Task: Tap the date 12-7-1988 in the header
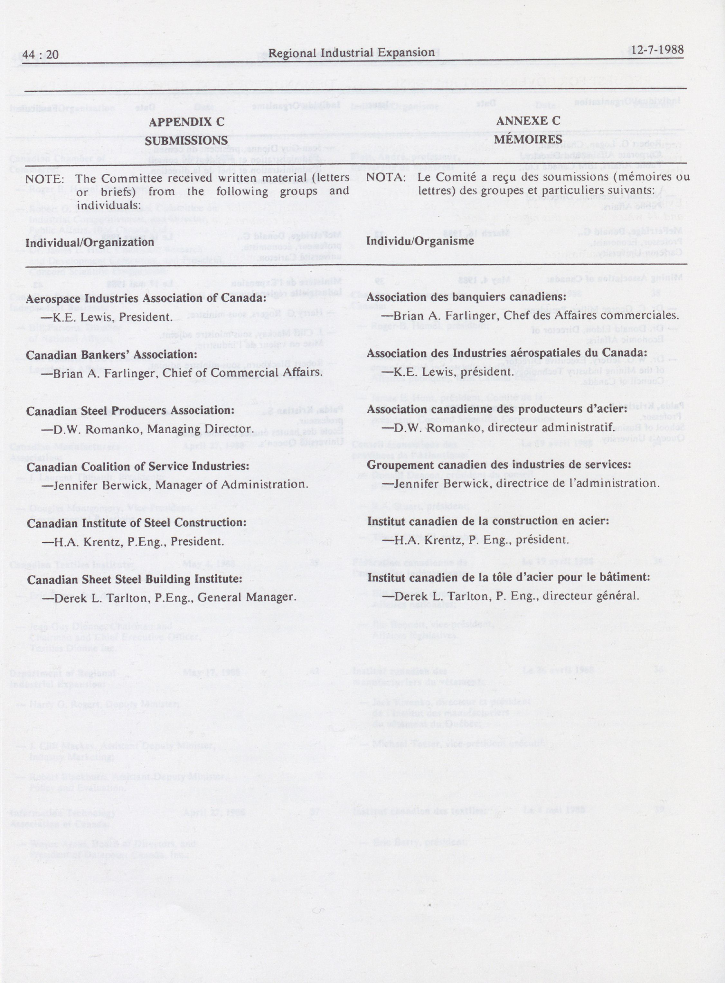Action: click(x=657, y=50)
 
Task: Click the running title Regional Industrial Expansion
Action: click(x=351, y=53)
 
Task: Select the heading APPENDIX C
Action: click(x=186, y=122)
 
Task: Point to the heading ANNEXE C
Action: click(x=528, y=121)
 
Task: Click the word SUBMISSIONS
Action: click(x=186, y=141)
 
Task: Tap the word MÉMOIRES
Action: click(x=528, y=139)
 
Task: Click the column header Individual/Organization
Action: click(x=90, y=243)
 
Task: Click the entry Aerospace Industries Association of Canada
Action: click(x=146, y=298)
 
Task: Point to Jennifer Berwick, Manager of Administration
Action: click(x=175, y=485)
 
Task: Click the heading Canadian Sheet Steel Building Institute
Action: click(x=135, y=579)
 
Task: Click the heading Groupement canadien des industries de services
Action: click(x=499, y=464)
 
